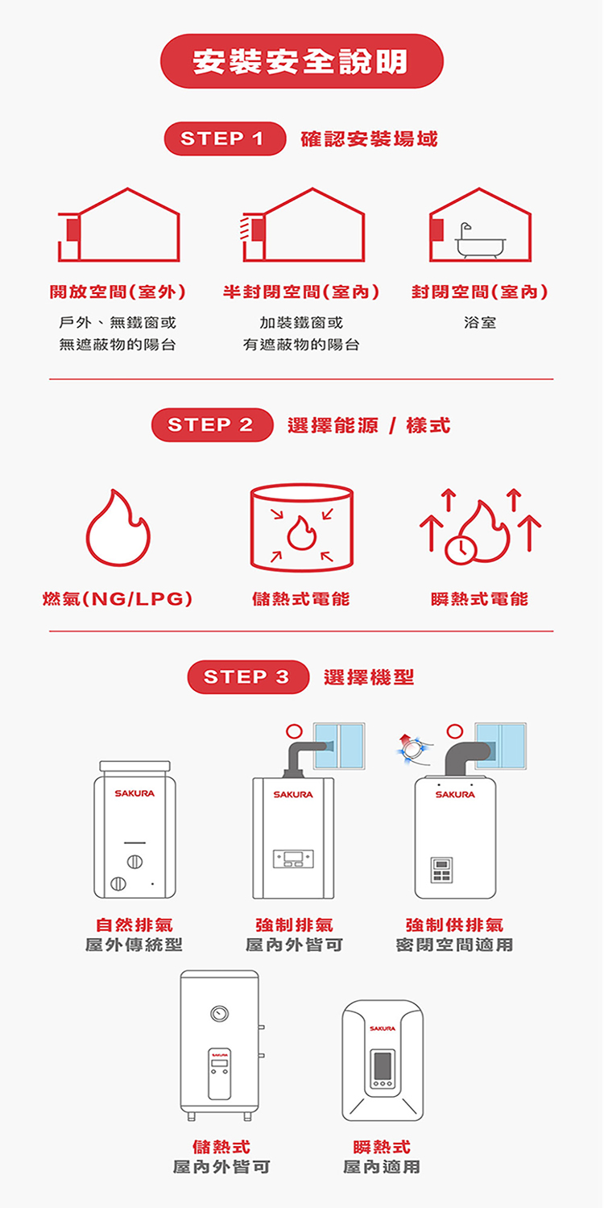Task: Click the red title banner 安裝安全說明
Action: (301, 61)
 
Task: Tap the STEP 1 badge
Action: (225, 139)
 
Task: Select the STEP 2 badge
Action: (212, 425)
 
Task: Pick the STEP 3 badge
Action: (248, 677)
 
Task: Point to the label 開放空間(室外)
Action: (118, 292)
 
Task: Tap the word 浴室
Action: (480, 323)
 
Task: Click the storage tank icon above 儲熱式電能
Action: (301, 527)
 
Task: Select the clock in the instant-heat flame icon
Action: (461, 548)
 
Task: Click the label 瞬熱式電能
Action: (480, 599)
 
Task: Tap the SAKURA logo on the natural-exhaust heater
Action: (134, 794)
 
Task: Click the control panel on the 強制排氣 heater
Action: (293, 859)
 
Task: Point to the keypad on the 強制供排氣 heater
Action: (441, 870)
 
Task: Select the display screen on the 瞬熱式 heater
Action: (381, 1066)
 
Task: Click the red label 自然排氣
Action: (134, 925)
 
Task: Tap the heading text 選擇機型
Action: (369, 677)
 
